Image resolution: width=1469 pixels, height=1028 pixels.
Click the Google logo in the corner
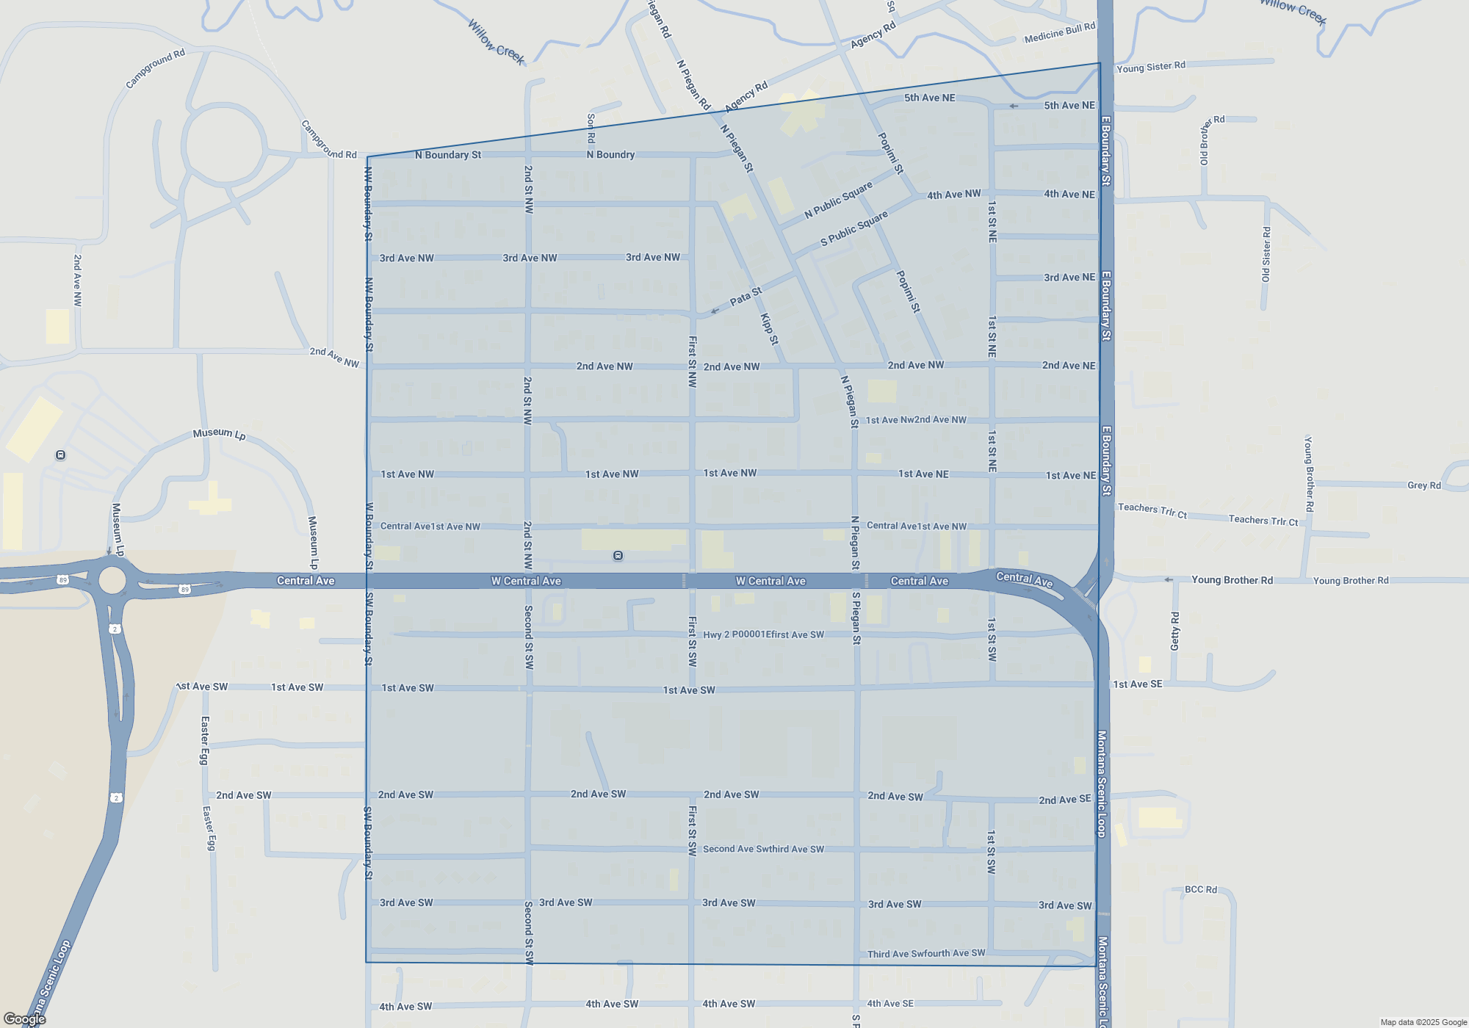[25, 1019]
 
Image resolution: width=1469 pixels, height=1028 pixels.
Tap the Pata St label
[746, 297]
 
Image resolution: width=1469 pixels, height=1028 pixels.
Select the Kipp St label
[769, 329]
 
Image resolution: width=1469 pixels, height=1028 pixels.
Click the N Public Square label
[838, 200]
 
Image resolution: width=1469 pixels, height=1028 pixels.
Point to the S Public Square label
[854, 228]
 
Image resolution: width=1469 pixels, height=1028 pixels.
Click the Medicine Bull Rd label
[1059, 32]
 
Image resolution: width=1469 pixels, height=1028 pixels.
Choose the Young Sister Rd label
[1150, 67]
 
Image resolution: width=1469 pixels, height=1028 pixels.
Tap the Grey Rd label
[1423, 485]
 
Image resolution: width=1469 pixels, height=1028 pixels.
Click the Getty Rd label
[1174, 630]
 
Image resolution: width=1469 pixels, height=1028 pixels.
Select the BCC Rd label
[1200, 889]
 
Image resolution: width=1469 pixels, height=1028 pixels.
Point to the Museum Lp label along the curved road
[219, 434]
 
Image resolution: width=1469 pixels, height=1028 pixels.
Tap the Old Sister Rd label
[1266, 254]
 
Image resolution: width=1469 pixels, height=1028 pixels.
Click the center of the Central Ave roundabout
[112, 580]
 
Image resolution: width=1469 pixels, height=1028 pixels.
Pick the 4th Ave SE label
[890, 1003]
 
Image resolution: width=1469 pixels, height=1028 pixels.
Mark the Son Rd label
[591, 128]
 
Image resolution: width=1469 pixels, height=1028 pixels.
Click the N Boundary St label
[447, 155]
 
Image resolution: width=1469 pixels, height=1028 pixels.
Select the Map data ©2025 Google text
[1423, 1022]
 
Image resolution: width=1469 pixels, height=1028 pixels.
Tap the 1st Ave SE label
[1137, 684]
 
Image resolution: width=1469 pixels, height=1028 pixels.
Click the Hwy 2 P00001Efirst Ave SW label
[763, 634]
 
